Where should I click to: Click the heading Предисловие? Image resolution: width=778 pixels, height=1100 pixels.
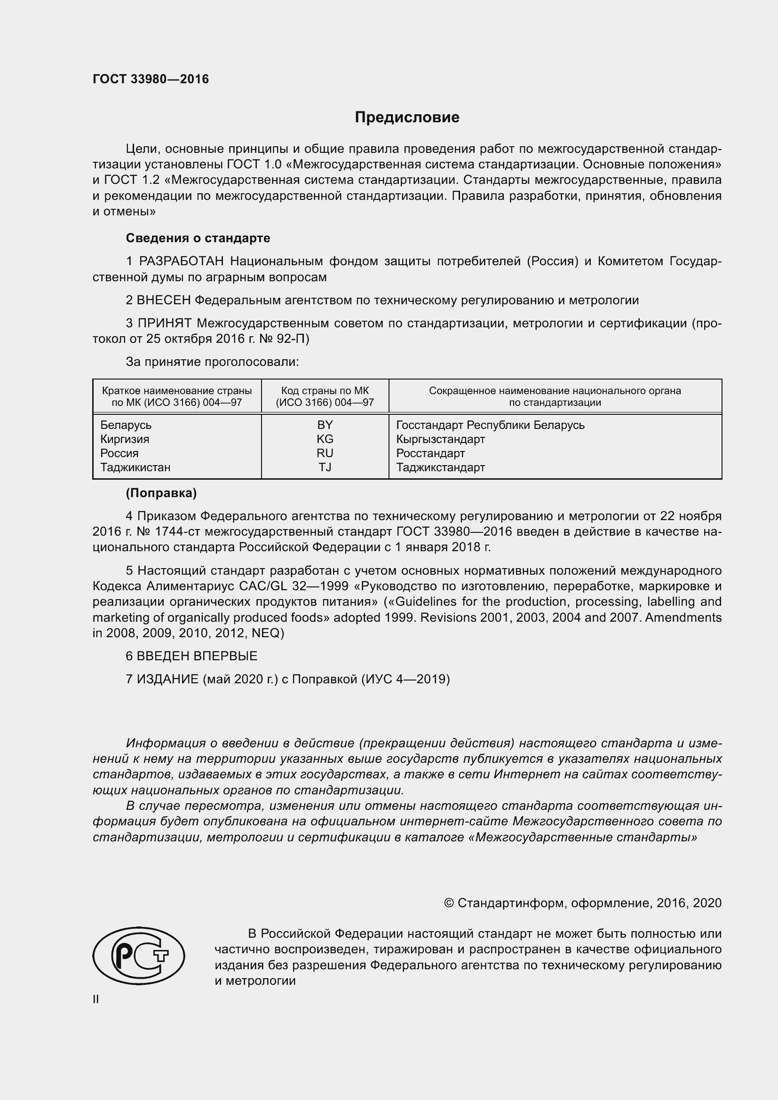(407, 118)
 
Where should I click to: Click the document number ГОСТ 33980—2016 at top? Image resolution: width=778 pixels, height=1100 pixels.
(151, 79)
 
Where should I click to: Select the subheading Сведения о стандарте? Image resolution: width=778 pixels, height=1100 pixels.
(198, 238)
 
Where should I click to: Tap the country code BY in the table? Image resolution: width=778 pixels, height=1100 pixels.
(325, 425)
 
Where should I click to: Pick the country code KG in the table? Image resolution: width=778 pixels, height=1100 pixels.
(325, 439)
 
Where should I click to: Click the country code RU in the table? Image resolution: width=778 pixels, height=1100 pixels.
(325, 453)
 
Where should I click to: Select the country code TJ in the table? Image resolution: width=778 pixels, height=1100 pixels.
(325, 467)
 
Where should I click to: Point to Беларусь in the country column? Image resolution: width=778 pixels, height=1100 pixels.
(126, 425)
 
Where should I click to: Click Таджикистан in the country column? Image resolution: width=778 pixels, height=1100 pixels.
(135, 467)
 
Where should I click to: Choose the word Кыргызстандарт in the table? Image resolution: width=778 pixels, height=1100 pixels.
(440, 439)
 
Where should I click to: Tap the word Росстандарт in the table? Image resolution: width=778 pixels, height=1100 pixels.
(430, 453)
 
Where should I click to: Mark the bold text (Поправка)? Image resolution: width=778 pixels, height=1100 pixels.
(161, 493)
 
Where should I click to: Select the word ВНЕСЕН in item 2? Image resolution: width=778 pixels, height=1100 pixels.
(164, 301)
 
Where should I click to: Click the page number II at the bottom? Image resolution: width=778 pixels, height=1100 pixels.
(96, 999)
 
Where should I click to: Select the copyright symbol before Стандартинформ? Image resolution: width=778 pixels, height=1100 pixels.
(449, 903)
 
